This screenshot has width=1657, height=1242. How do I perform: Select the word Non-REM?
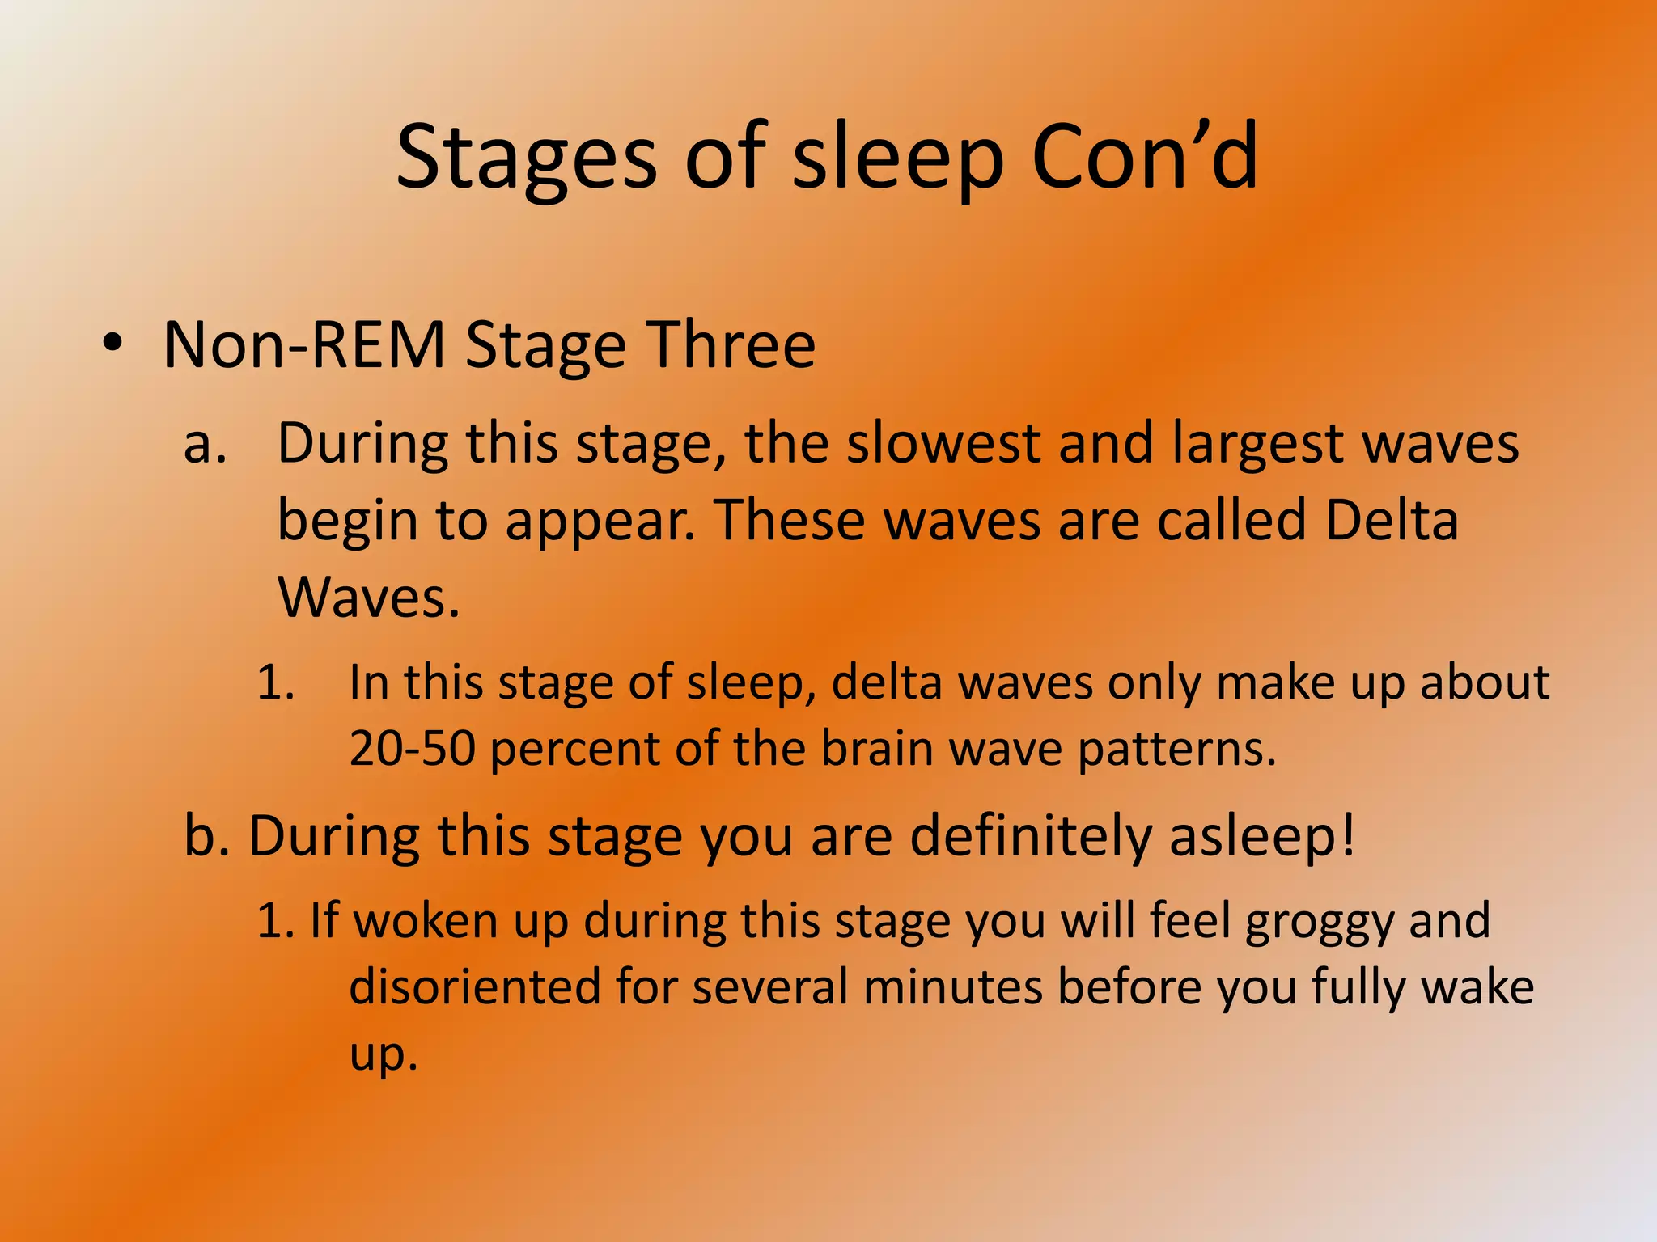pyautogui.click(x=304, y=346)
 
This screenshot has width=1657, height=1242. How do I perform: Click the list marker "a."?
pyautogui.click(x=205, y=446)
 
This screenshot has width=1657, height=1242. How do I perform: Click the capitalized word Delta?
pyautogui.click(x=1392, y=520)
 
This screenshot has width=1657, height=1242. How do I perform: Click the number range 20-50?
pyautogui.click(x=412, y=749)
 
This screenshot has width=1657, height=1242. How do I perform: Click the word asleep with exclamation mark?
pyautogui.click(x=1263, y=838)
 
